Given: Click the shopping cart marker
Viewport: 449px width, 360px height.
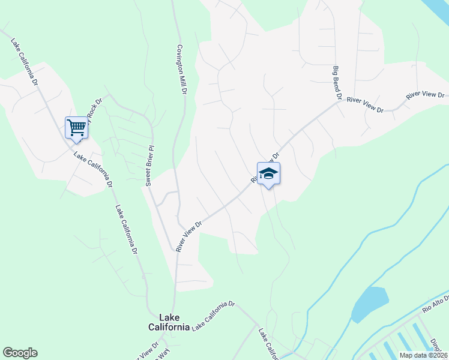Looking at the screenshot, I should [76, 128].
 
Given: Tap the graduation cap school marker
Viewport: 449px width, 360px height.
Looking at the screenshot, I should [269, 174].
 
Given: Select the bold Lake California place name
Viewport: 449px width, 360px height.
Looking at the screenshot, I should [169, 322].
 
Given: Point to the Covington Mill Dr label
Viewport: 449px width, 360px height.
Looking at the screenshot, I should [182, 70].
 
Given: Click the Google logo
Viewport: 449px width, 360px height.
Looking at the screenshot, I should [20, 353].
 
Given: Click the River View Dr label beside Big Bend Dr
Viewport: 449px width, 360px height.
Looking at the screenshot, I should [365, 104].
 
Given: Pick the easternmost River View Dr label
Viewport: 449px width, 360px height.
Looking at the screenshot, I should [424, 95].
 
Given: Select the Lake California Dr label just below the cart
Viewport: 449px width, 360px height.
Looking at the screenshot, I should [93, 169].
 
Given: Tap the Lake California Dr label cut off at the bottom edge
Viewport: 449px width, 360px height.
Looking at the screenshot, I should [268, 344].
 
